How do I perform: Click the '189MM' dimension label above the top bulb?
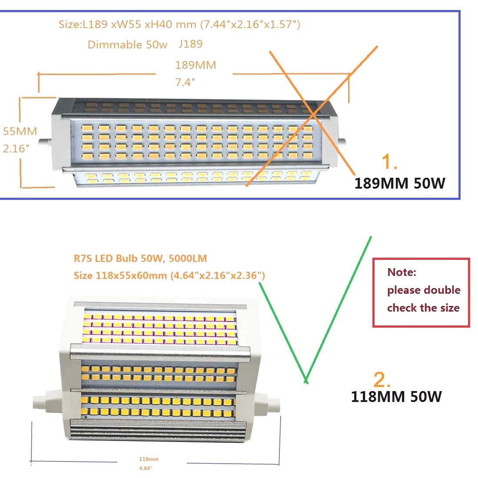[196, 65]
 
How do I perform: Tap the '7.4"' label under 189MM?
[185, 82]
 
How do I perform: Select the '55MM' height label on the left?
[20, 131]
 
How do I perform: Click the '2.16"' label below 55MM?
[16, 148]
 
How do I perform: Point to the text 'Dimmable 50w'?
[127, 45]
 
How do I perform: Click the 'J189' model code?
[190, 44]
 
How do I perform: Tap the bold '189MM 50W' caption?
[400, 183]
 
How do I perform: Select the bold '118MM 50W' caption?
[396, 396]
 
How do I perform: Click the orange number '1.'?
[389, 162]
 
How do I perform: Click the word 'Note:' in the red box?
[402, 272]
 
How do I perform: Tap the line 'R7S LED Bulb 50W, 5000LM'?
[140, 259]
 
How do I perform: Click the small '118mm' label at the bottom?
[149, 459]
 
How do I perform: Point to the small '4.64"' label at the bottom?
[146, 468]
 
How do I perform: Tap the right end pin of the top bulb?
[342, 142]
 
